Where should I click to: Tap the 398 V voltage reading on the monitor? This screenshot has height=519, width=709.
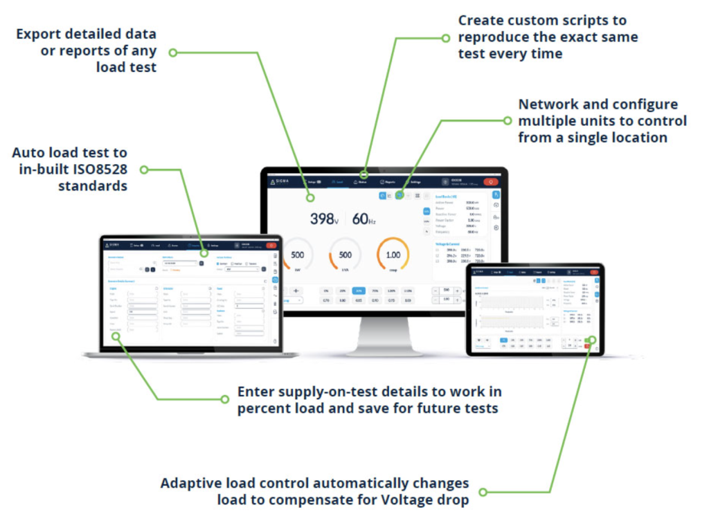322,219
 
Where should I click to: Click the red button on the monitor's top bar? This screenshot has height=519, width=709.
490,182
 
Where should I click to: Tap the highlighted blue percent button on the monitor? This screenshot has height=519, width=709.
358,291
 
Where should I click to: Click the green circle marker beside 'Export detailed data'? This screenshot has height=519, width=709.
173,52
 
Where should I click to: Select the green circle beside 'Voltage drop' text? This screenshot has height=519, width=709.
483,492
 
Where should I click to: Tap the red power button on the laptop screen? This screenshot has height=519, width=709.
270,245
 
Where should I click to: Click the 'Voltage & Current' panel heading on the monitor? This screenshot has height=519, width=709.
447,243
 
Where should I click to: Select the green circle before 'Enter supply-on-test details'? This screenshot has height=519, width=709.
224,399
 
